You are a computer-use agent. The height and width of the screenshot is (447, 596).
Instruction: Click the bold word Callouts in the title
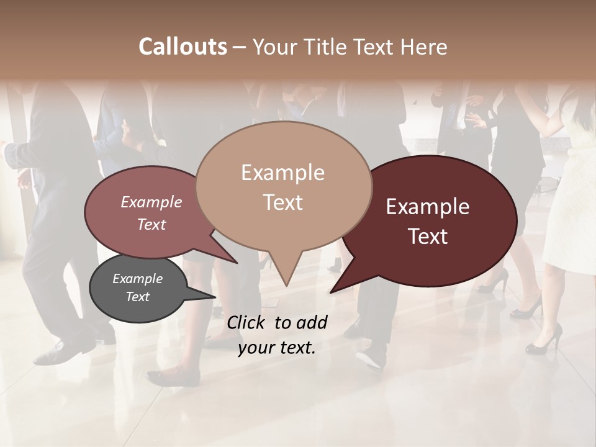pos(183,47)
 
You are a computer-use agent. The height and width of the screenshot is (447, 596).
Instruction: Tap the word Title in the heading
pos(325,47)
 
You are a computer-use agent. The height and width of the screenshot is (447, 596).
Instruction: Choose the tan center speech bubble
pos(283,186)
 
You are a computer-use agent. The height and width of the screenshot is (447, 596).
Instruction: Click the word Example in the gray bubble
pos(138,279)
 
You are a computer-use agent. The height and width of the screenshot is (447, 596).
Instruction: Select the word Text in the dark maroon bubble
pos(428,237)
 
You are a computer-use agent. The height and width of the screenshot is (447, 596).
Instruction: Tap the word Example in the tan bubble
pos(282,173)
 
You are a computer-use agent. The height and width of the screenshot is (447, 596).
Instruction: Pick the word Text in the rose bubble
pos(151,225)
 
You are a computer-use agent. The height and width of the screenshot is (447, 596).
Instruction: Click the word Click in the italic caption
pos(248,322)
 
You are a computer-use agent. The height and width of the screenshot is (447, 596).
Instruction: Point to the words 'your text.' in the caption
pos(277,348)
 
